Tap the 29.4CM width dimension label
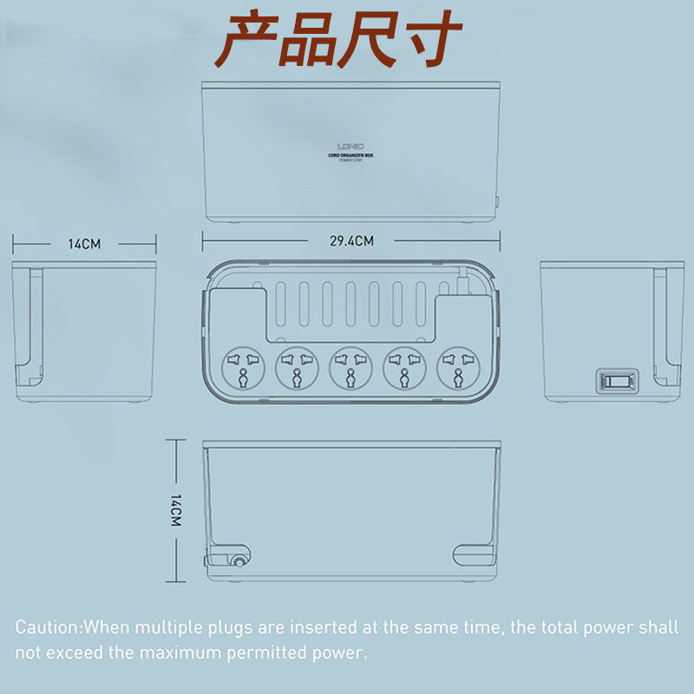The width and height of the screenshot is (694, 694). tap(351, 240)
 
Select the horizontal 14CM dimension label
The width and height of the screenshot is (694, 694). tap(84, 244)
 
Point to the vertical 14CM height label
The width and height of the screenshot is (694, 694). tap(175, 510)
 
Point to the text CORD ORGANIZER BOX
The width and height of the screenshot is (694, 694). tap(351, 154)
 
